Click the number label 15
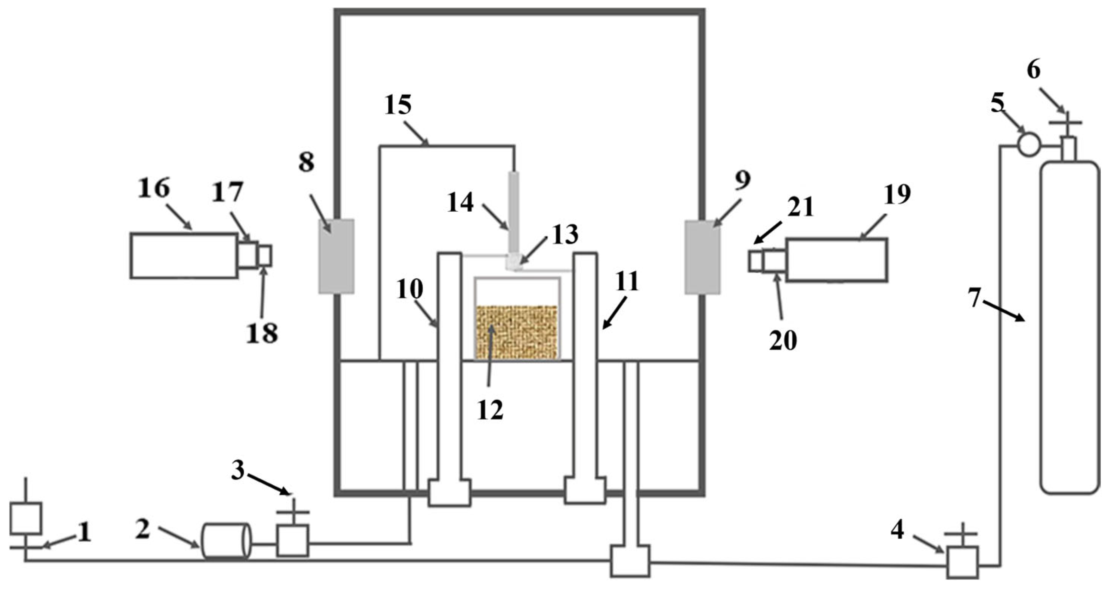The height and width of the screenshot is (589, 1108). click(398, 105)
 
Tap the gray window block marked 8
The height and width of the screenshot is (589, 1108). click(336, 256)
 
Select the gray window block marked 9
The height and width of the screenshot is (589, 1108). click(702, 257)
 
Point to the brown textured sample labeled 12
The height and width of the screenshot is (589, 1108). click(516, 332)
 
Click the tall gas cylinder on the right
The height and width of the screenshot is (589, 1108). click(1069, 327)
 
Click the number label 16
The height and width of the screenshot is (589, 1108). click(154, 189)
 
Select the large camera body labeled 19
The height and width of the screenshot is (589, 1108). click(837, 260)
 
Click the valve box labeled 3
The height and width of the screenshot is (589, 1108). click(292, 540)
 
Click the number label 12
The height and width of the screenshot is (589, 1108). click(490, 411)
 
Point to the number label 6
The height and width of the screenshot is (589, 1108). click(1033, 71)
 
